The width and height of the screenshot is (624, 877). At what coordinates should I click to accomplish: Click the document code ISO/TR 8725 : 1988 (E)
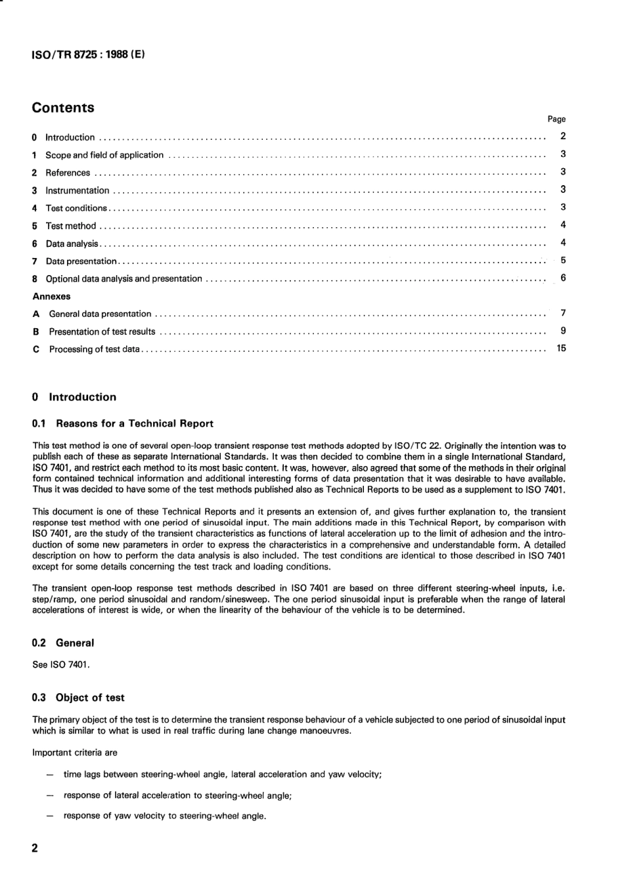[x=88, y=54]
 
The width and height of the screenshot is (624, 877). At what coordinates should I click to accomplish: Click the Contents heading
[x=63, y=108]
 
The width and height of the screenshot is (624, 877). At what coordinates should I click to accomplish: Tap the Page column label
[x=556, y=119]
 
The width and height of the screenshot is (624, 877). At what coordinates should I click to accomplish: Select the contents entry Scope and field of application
[x=104, y=156]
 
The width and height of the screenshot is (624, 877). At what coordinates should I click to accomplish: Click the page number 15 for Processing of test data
[x=561, y=349]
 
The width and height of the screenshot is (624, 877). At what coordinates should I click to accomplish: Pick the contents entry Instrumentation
[x=77, y=191]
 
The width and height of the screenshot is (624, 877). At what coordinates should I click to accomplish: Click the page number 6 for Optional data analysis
[x=563, y=278]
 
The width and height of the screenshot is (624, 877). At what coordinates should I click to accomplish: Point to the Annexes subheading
[x=51, y=297]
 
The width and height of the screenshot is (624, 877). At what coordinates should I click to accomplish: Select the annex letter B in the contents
[x=36, y=332]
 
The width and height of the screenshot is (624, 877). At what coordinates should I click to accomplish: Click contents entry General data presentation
[x=100, y=314]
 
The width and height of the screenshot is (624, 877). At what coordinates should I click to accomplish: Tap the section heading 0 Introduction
[x=74, y=397]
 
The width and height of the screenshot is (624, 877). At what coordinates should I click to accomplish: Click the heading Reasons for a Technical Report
[x=134, y=424]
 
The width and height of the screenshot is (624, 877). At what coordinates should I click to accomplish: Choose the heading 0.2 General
[x=63, y=643]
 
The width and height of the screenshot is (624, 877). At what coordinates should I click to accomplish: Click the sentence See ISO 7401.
[x=61, y=665]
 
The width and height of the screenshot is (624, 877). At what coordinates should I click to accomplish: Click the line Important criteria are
[x=75, y=753]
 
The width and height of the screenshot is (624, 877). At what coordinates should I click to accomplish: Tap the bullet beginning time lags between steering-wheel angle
[x=222, y=775]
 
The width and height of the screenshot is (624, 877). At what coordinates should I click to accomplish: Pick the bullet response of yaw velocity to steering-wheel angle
[x=164, y=817]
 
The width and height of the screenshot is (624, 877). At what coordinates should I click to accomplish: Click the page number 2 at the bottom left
[x=35, y=848]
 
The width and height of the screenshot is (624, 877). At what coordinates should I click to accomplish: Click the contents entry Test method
[x=70, y=226]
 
